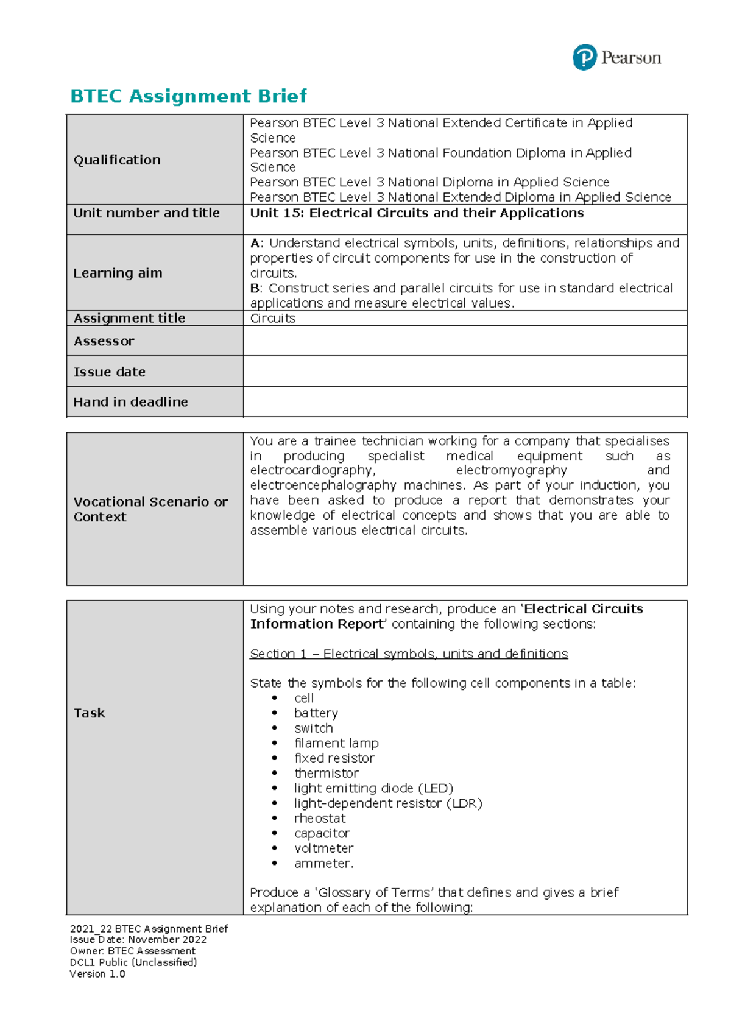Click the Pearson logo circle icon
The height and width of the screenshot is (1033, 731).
(x=584, y=58)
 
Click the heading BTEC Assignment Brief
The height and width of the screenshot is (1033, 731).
(x=188, y=96)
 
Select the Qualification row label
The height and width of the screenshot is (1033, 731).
(x=117, y=160)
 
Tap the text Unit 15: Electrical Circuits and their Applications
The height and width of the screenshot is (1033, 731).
(x=417, y=213)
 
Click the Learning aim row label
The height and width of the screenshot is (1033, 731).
(x=118, y=273)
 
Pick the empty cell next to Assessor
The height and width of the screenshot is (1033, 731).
(x=465, y=341)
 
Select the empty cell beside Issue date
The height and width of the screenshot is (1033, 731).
(x=465, y=372)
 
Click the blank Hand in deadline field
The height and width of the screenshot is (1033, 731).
(x=465, y=402)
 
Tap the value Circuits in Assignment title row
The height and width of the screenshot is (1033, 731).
(x=273, y=319)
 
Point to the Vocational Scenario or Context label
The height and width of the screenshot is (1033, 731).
(x=150, y=509)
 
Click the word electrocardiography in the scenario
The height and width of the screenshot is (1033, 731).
(x=313, y=471)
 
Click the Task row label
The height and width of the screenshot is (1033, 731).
(x=90, y=713)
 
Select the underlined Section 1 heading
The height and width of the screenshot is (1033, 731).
(x=409, y=654)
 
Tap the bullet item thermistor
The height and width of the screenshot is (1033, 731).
(x=327, y=774)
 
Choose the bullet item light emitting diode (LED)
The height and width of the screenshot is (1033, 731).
(x=373, y=788)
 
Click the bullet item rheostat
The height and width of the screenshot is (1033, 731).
(x=320, y=819)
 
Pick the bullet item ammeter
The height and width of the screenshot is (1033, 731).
(x=323, y=864)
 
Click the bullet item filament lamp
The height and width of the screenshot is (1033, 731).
(x=336, y=744)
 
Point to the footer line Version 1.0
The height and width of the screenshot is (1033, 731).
(x=97, y=974)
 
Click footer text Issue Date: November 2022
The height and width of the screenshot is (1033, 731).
(x=138, y=940)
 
